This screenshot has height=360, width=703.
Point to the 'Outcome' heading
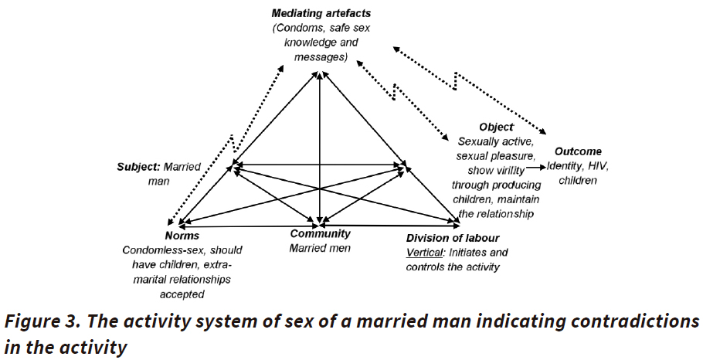[577, 151]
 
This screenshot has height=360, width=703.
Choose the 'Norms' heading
[182, 236]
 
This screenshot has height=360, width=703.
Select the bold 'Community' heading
[320, 234]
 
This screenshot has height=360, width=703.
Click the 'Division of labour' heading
[453, 238]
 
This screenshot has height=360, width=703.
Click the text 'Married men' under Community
[320, 248]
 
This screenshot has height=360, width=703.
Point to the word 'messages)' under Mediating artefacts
[319, 57]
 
